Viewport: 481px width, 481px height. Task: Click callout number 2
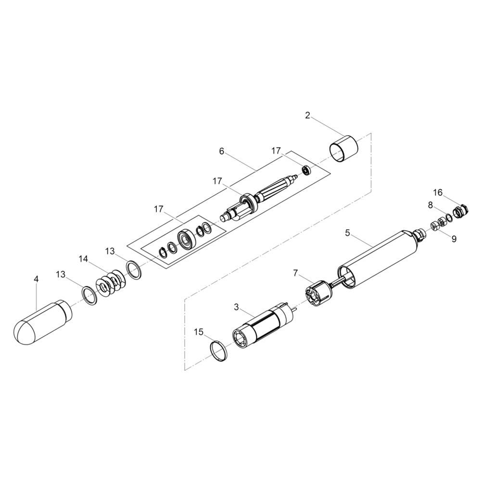click(308, 115)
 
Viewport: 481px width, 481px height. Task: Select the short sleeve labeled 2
click(344, 148)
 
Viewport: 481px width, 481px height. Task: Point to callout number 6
click(222, 151)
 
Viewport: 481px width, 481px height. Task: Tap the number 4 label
click(37, 279)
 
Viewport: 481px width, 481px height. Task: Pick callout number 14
click(83, 259)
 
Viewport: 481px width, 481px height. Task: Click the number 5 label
click(347, 233)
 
